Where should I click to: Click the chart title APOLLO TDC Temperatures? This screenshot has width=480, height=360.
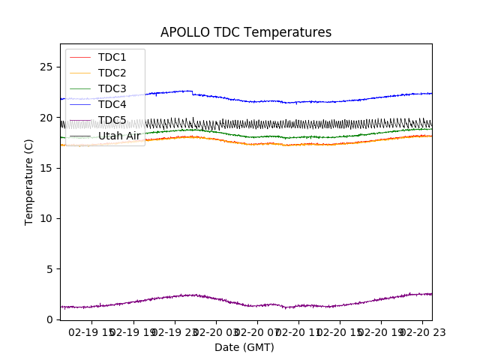tap(246, 32)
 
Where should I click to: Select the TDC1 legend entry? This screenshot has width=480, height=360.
tap(112, 57)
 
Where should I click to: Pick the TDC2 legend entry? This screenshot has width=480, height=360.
tap(112, 73)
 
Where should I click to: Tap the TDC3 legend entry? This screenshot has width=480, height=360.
tap(112, 88)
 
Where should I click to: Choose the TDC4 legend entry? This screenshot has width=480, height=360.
tap(112, 104)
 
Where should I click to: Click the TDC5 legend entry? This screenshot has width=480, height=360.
tap(112, 120)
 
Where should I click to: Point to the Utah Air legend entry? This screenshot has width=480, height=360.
tap(118, 136)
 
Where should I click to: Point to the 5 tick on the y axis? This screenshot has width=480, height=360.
tap(49, 269)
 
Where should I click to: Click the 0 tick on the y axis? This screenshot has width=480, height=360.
tap(49, 319)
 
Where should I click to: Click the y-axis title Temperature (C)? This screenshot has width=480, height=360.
tap(29, 181)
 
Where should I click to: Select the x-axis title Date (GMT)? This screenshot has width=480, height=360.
tap(244, 347)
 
